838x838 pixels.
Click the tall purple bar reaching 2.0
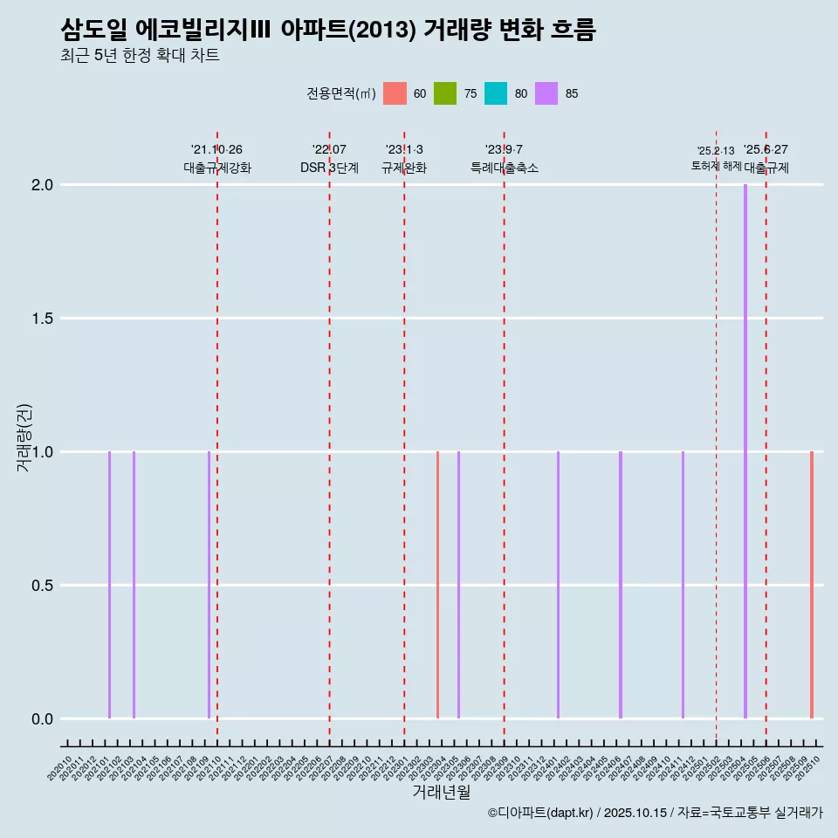pos(745,451)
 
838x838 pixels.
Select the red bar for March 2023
pos(437,585)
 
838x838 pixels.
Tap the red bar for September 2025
pos(811,585)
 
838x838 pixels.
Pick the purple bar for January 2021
pos(109,585)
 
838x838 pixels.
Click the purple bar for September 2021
pos(209,585)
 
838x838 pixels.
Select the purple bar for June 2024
pos(621,585)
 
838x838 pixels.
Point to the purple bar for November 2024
pos(683,585)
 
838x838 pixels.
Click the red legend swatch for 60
pos(395,93)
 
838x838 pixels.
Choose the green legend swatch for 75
pos(445,93)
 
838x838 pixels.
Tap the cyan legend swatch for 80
pos(496,93)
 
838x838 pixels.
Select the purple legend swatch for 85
pos(546,93)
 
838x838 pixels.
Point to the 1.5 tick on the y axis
pos(42,319)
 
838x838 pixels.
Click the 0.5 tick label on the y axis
pos(42,586)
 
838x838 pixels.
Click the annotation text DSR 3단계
pos(329,168)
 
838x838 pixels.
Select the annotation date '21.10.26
pos(216,150)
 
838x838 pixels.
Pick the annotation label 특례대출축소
pos(504,168)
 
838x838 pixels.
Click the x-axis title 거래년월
pos(441,793)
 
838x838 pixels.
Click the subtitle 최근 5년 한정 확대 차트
pos(140,56)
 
